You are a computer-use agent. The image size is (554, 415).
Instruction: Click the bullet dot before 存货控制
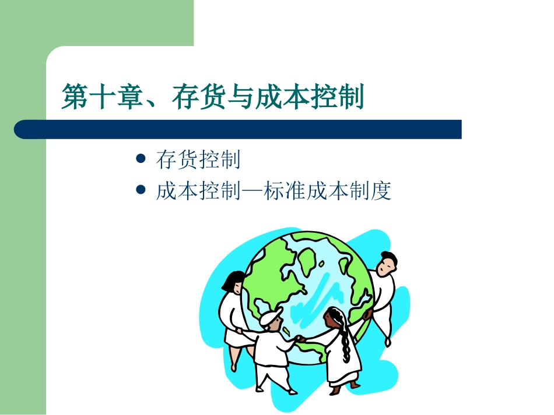[139, 158]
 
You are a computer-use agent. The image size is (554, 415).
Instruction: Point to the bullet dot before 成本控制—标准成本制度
[139, 190]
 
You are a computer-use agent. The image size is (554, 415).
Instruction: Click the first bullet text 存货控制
[198, 159]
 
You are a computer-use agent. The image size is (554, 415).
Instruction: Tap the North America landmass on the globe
[274, 274]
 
